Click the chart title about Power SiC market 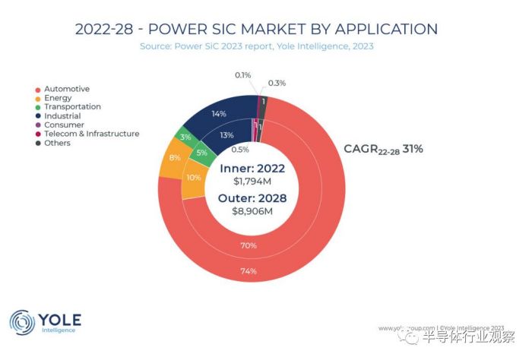pyautogui.click(x=256, y=30)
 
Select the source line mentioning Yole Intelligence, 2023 pyautogui.click(x=256, y=46)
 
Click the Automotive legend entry pyautogui.click(x=67, y=89)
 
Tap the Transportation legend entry pyautogui.click(x=73, y=107)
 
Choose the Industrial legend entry pyautogui.click(x=62, y=116)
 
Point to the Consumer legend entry pyautogui.click(x=64, y=125)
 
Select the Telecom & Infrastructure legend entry pyautogui.click(x=92, y=134)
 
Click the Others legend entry pyautogui.click(x=57, y=143)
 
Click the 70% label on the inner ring pyautogui.click(x=249, y=246)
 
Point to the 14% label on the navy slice pyautogui.click(x=219, y=113)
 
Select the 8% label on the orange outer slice pyautogui.click(x=175, y=158)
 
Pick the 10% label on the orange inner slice pyautogui.click(x=195, y=177)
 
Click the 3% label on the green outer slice pyautogui.click(x=185, y=137)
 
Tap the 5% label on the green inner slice pyautogui.click(x=201, y=152)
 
